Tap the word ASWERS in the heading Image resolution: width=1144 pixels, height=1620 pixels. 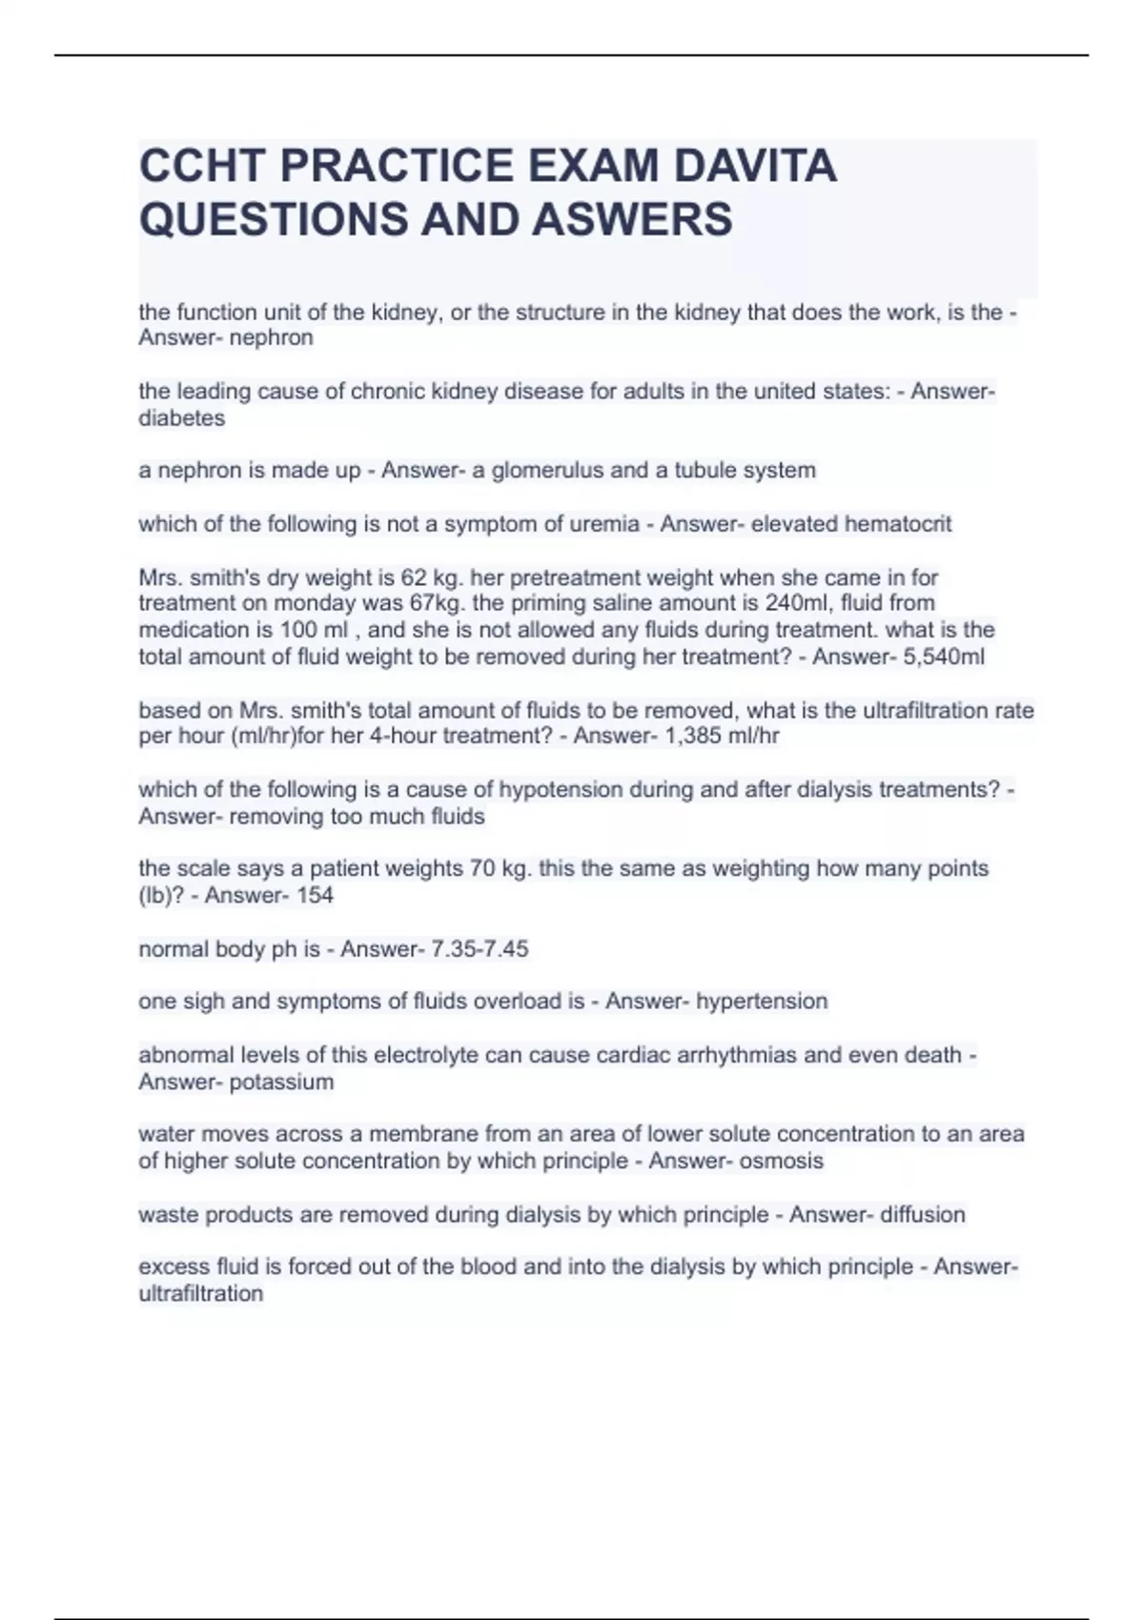[632, 219]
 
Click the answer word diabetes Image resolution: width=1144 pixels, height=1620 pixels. [182, 418]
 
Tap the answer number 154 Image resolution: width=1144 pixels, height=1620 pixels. [315, 896]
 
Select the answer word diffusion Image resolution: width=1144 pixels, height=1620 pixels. [923, 1215]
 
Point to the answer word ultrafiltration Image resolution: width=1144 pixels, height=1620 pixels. [200, 1294]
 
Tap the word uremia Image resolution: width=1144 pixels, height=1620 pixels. [608, 524]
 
